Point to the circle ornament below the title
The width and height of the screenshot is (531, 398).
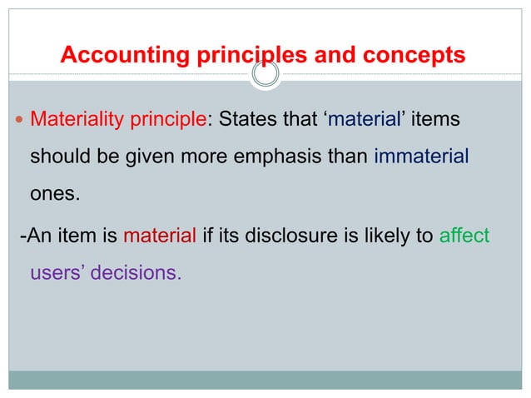click(x=265, y=76)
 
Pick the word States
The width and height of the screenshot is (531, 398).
click(x=247, y=122)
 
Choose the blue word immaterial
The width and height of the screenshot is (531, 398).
click(x=422, y=156)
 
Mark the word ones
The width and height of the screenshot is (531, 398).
click(x=52, y=193)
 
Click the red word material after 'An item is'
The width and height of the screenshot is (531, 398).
click(x=159, y=236)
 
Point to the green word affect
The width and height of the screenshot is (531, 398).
click(x=464, y=236)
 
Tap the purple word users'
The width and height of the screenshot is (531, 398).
click(x=57, y=272)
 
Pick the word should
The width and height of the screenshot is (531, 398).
click(x=58, y=157)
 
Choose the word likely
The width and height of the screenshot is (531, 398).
click(x=390, y=236)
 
